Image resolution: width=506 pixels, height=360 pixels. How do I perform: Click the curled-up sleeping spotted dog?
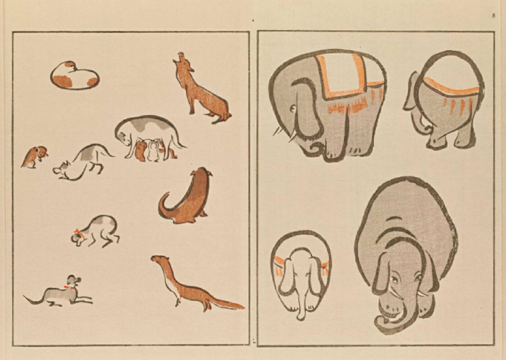(x=74, y=76)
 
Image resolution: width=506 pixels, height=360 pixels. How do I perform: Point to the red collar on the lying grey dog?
(x=69, y=287)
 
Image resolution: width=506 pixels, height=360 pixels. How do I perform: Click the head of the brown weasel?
(x=159, y=259)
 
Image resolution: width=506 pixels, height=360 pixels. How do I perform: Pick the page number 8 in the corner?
(x=493, y=15)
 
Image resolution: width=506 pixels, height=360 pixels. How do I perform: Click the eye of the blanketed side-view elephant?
(x=293, y=109)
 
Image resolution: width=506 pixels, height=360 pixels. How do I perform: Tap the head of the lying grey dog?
(x=74, y=280)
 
